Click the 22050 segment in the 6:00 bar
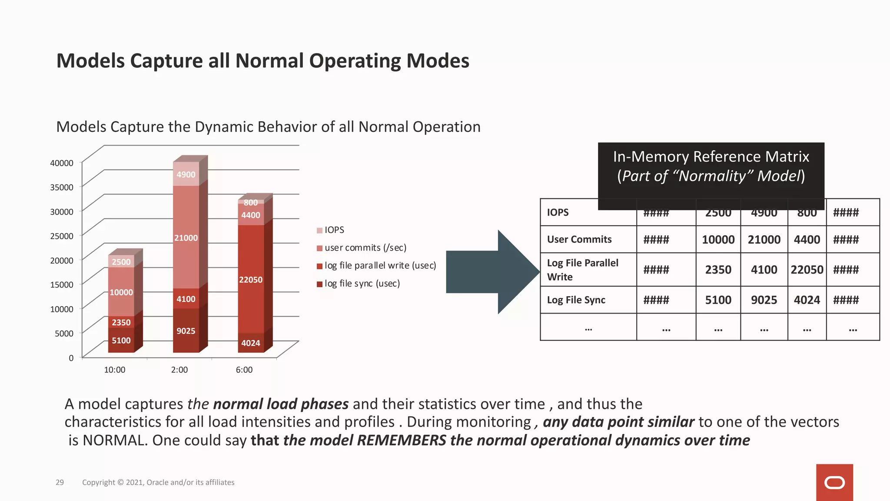[x=251, y=279]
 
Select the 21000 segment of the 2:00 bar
[x=186, y=237]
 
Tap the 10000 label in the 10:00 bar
[x=121, y=292]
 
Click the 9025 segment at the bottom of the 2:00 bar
[x=186, y=331]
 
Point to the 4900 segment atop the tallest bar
[x=186, y=174]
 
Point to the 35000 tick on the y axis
[x=62, y=187]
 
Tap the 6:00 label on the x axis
[x=244, y=370]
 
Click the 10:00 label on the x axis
[x=114, y=370]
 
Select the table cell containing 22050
[x=807, y=270]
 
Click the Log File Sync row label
[x=576, y=300]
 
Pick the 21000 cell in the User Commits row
[x=764, y=240]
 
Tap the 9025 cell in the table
[x=764, y=300]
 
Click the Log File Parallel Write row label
[x=582, y=270]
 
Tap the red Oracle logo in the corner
[x=834, y=482]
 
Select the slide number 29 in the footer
[x=60, y=482]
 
